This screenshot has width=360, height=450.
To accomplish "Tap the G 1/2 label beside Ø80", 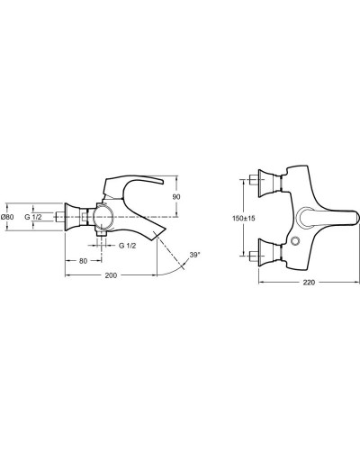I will (33, 217).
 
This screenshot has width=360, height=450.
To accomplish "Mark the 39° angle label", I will (194, 256).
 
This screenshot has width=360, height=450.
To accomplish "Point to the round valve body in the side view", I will (102, 218).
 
